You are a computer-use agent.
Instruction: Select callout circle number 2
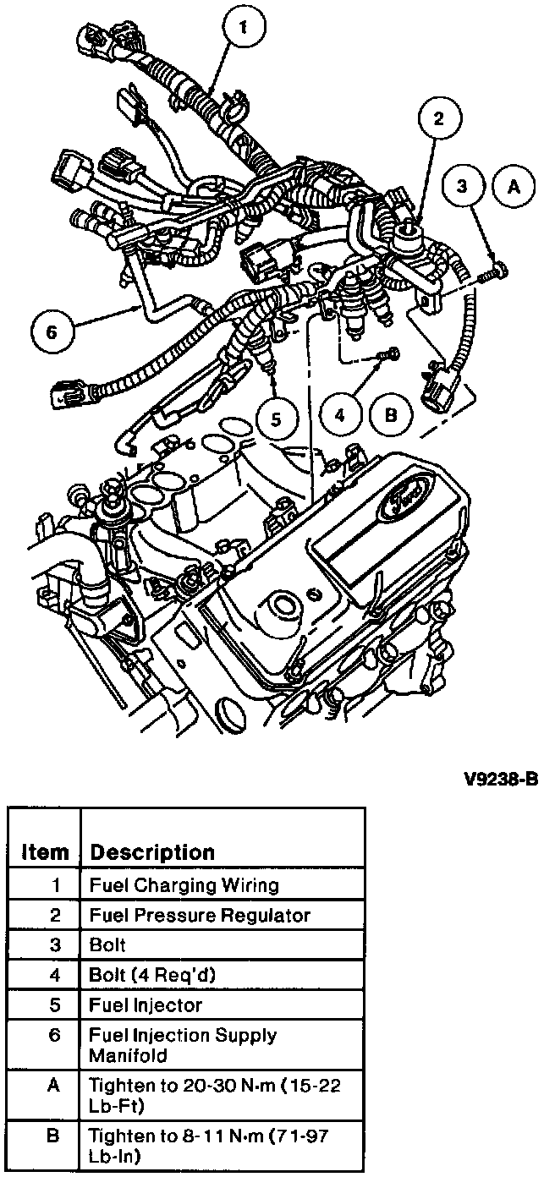pos(438,119)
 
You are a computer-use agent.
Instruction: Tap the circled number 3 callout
pos(462,189)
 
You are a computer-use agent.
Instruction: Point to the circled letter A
pos(513,189)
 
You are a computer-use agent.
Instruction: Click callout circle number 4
pos(341,415)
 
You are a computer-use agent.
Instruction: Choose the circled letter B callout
pos(391,415)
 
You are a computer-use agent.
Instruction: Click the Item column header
pos(45,851)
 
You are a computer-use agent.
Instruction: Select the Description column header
pos(152,851)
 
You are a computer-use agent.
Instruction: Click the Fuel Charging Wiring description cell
pos(184,886)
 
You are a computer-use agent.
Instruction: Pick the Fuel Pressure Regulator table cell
pos(200,916)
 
